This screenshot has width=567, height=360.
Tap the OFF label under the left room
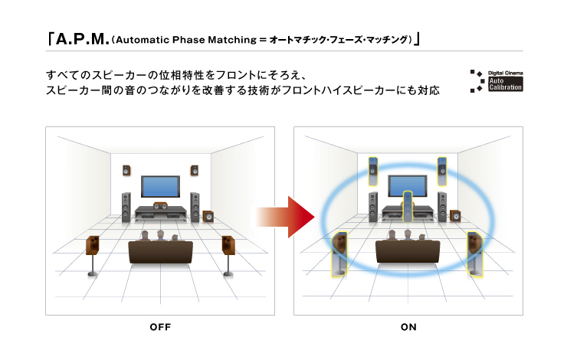pyautogui.click(x=160, y=327)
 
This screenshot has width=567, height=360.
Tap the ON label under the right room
pyautogui.click(x=408, y=327)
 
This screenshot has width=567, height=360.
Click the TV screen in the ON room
pyautogui.click(x=408, y=184)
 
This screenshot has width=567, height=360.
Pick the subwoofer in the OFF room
pyautogui.click(x=208, y=218)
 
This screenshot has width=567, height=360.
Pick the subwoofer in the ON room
pyautogui.click(x=457, y=218)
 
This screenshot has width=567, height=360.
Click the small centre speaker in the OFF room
pyautogui.click(x=160, y=205)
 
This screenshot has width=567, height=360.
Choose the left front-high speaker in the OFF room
pyautogui.click(x=126, y=169)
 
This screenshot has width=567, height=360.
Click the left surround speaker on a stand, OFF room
pyautogui.click(x=93, y=245)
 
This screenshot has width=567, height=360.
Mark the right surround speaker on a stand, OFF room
pyautogui.click(x=228, y=245)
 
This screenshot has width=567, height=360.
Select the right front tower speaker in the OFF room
pyautogui.click(x=195, y=207)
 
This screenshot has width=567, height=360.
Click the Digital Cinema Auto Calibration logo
pyautogui.click(x=497, y=80)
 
